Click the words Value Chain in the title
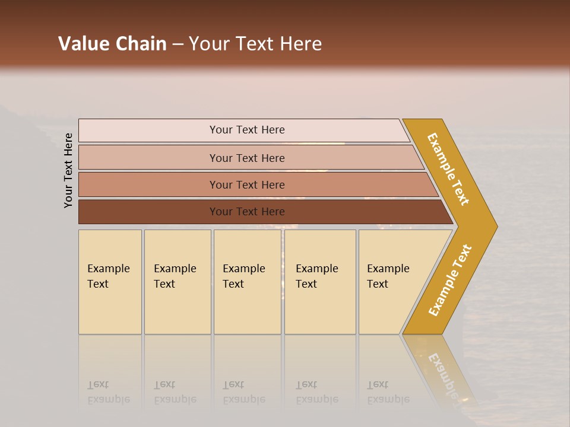tap(112, 44)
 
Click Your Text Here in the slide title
tap(255, 44)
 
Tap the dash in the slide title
tap(178, 44)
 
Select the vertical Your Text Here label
tap(68, 170)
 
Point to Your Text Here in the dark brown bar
tap(247, 212)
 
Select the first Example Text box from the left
tap(110, 282)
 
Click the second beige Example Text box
tap(177, 282)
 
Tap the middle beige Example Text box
tap(247, 282)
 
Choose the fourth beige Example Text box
tap(320, 282)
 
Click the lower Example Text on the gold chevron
tap(450, 280)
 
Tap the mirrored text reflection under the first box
tap(108, 392)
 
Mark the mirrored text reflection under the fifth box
tap(388, 392)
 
